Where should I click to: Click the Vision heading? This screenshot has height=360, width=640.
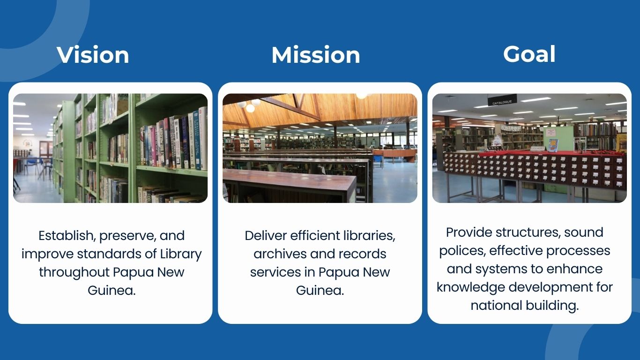93,55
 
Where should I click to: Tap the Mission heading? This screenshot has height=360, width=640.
316,55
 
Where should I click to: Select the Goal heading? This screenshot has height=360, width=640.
529,54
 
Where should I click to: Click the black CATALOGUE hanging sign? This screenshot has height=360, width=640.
502,100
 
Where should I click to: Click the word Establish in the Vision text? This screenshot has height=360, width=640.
67,236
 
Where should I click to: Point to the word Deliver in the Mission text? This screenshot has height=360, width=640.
266,236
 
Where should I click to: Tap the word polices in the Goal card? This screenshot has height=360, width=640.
462,251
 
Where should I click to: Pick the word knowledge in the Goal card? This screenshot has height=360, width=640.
471,287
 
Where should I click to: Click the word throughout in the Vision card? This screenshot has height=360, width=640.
74,272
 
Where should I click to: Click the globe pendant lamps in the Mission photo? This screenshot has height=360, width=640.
249,105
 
